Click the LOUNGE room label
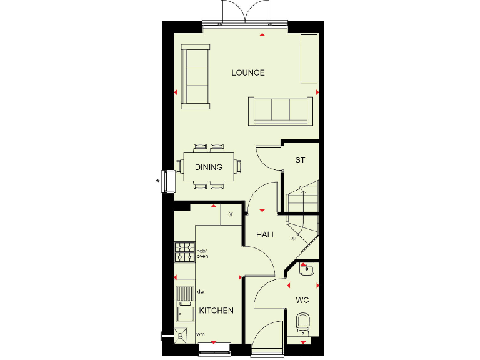click(x=248, y=72)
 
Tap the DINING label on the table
click(x=208, y=167)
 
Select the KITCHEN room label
click(x=216, y=311)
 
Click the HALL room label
click(x=266, y=235)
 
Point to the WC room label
click(x=302, y=301)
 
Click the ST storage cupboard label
click(x=300, y=160)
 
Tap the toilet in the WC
click(x=302, y=325)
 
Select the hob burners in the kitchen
click(x=184, y=251)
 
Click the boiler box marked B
click(x=181, y=336)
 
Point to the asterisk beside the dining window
click(x=158, y=182)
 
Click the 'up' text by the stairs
click(x=292, y=238)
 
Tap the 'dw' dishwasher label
click(x=201, y=291)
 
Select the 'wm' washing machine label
click(x=201, y=335)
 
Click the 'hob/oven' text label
click(x=202, y=254)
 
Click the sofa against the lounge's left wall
click(x=195, y=74)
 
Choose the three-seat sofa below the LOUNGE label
click(x=280, y=111)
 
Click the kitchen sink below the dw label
click(x=185, y=311)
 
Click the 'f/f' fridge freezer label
click(x=231, y=216)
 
